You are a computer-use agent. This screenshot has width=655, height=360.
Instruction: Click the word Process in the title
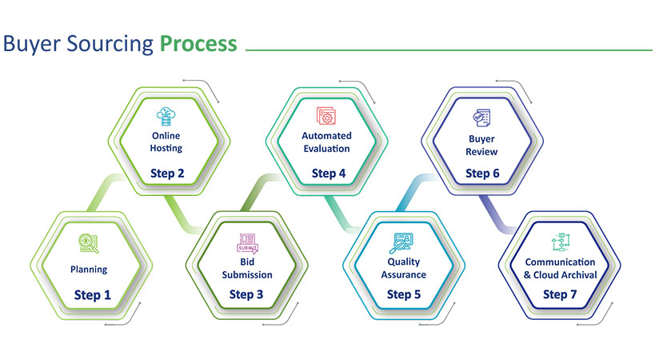(x=198, y=44)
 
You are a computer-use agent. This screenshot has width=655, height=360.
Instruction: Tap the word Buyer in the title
(x=31, y=44)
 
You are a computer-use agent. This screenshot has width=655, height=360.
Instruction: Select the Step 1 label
(x=92, y=295)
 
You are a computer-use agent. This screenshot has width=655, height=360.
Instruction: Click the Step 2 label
(x=167, y=173)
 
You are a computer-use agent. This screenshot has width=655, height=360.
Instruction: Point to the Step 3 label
(x=246, y=294)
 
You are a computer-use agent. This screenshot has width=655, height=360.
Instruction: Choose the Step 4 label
(x=329, y=174)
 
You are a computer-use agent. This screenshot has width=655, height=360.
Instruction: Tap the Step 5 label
(x=404, y=294)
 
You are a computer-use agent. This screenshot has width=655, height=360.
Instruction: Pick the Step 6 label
(x=482, y=174)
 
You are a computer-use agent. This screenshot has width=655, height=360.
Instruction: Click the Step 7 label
(x=560, y=294)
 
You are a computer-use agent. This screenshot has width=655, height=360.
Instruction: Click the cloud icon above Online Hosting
(x=166, y=117)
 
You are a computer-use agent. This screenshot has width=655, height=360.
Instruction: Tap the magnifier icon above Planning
(x=89, y=243)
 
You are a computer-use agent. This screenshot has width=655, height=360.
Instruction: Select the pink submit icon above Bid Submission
(x=247, y=243)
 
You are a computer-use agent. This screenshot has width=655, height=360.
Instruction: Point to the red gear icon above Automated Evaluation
(x=326, y=116)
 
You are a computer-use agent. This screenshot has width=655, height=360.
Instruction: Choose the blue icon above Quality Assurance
(x=401, y=243)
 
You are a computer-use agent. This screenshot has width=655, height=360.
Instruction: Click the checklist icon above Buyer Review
(x=481, y=118)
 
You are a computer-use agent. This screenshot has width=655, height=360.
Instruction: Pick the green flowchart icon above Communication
(x=560, y=242)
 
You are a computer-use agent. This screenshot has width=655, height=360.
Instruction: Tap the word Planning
(x=89, y=270)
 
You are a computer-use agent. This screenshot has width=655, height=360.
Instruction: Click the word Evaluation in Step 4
(x=326, y=149)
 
